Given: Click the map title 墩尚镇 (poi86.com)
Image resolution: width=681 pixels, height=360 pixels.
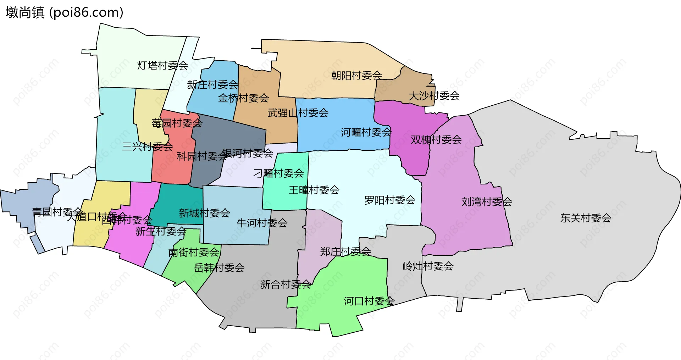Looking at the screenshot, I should [x=64, y=13].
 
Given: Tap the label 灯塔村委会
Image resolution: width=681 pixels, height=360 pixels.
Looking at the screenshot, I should [x=162, y=66].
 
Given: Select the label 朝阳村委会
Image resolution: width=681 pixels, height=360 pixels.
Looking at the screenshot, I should [x=356, y=76].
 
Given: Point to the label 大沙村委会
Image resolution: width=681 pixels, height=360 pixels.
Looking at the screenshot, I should [x=434, y=96].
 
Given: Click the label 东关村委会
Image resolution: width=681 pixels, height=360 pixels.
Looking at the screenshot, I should [x=586, y=218].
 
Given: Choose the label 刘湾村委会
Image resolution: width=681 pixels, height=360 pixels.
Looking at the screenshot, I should [x=487, y=202].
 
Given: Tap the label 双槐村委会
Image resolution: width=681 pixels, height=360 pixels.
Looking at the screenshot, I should [x=436, y=140].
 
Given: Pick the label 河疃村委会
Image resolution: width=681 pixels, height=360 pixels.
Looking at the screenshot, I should [x=366, y=133].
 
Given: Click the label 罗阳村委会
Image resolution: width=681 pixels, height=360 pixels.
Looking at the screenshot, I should [x=390, y=200].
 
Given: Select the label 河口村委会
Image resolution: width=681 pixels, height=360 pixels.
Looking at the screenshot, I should [x=369, y=301].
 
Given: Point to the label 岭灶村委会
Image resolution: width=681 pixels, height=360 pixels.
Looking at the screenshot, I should [x=428, y=266].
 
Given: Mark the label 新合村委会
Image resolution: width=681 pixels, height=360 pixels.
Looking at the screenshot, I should [x=286, y=284].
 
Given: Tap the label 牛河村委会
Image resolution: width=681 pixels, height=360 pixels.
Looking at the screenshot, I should [x=262, y=223].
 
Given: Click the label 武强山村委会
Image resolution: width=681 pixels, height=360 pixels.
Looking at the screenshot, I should [x=298, y=113].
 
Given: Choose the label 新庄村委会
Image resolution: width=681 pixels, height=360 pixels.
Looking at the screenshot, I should [x=212, y=85].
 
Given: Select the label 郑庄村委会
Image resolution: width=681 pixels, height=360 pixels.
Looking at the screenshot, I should [x=345, y=251].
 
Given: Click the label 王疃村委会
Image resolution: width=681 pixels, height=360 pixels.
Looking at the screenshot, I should [x=314, y=190].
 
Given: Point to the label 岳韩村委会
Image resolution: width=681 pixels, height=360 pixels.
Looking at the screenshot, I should [x=219, y=268].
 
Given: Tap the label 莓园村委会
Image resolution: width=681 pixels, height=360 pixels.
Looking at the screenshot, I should [x=177, y=123].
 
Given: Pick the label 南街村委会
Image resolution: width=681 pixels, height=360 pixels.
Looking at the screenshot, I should [x=194, y=253].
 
